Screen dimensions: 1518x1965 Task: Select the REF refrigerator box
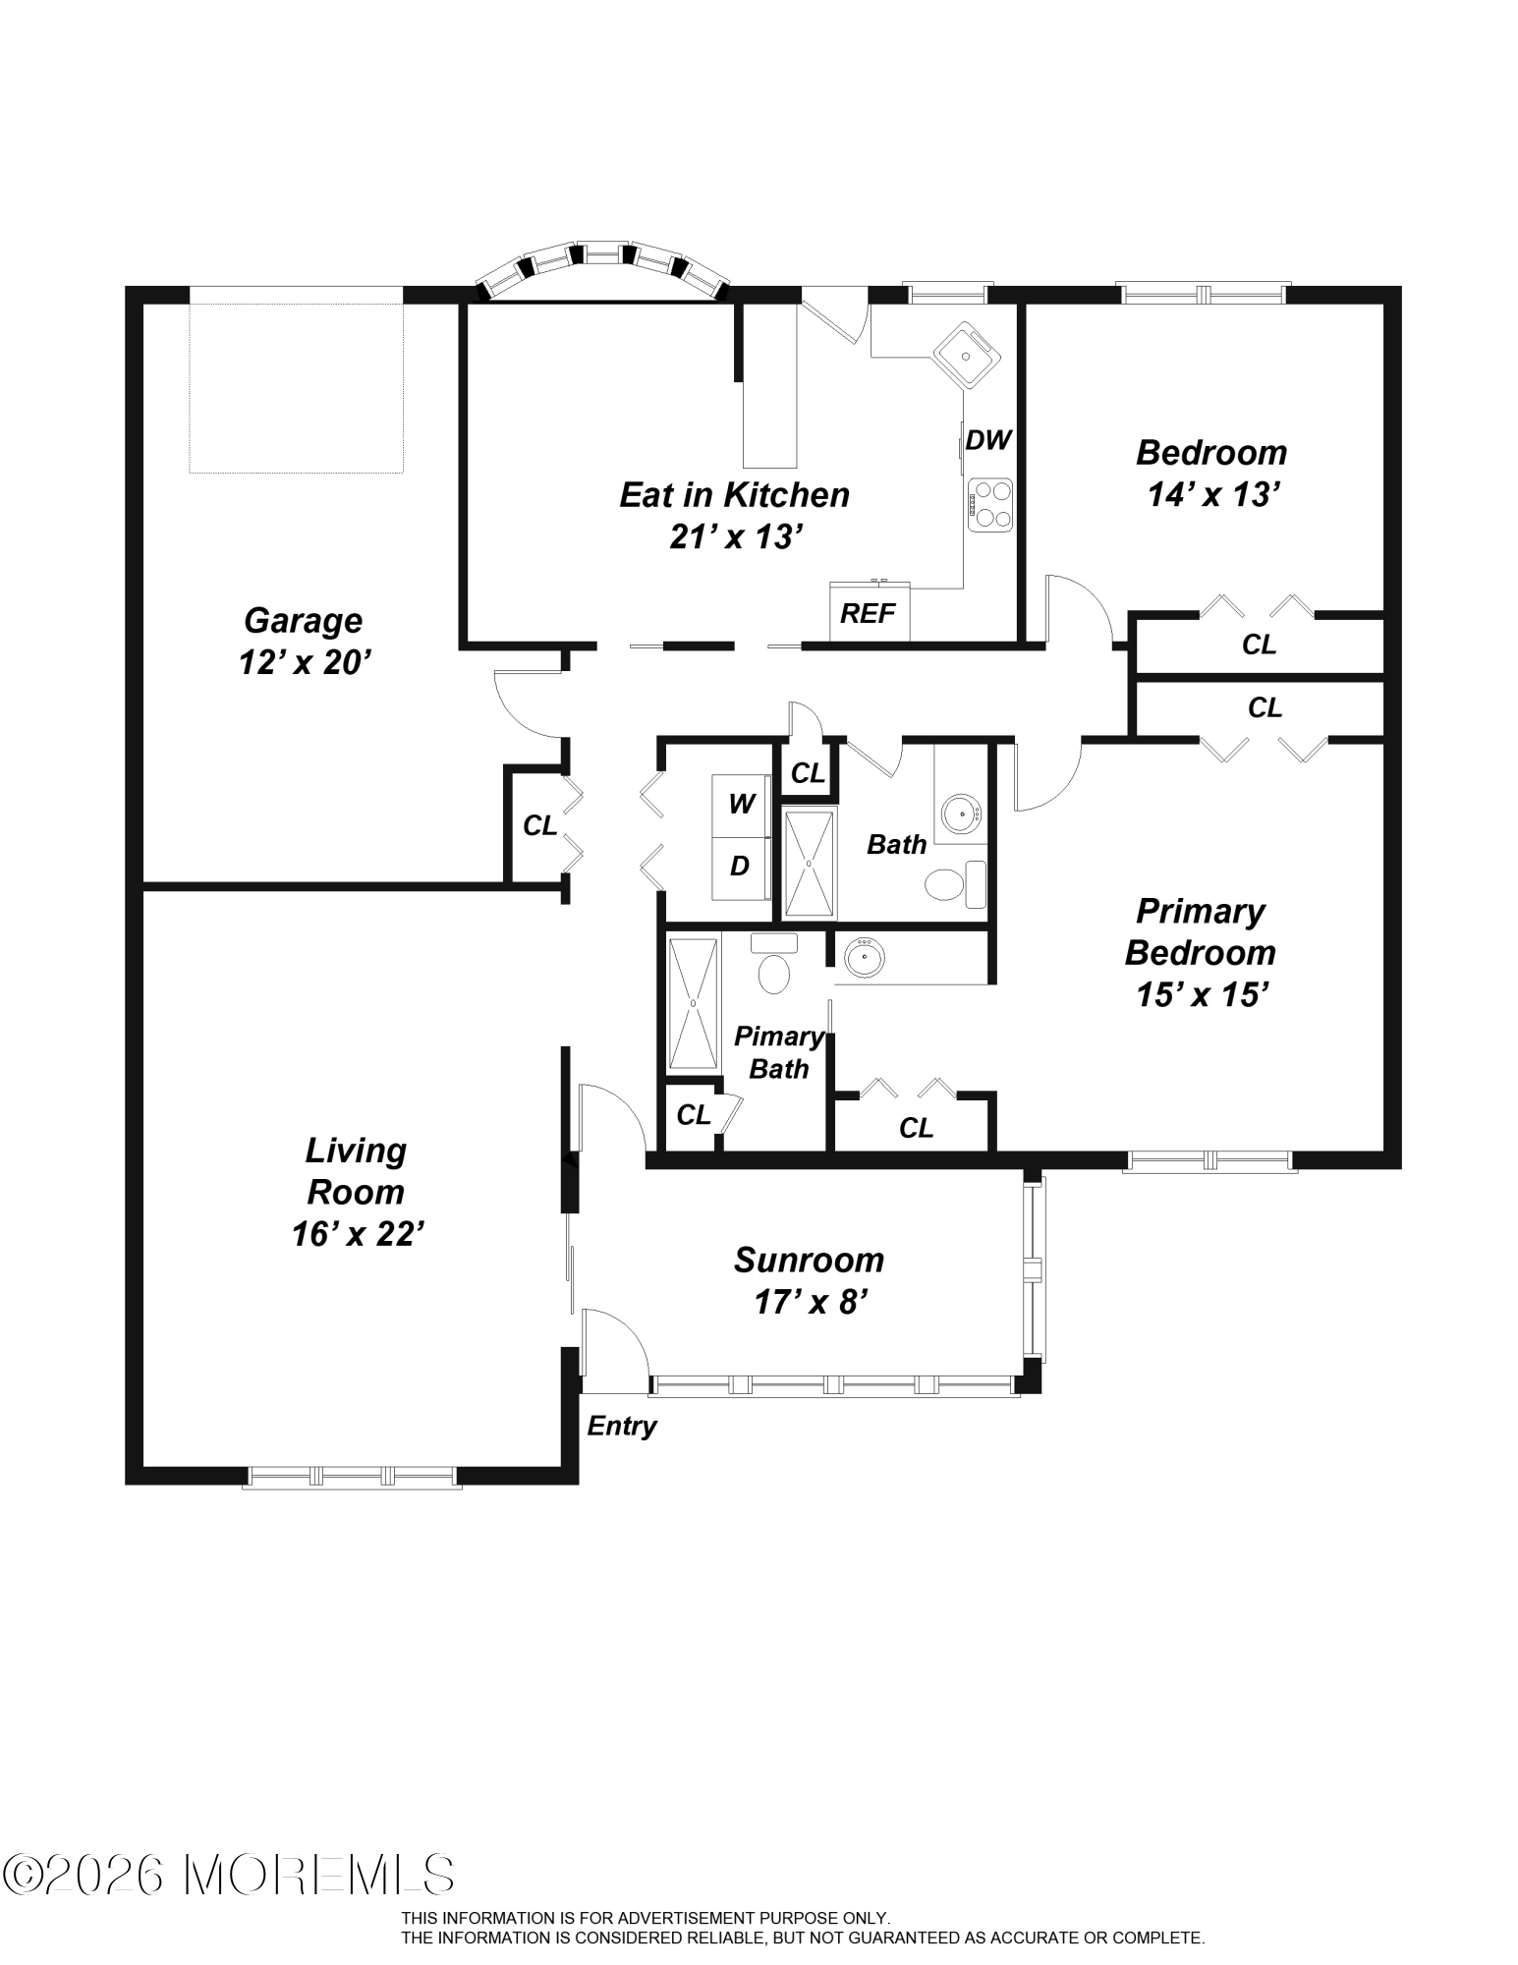pyautogui.click(x=870, y=611)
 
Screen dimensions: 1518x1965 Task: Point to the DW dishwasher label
pyautogui.click(x=988, y=440)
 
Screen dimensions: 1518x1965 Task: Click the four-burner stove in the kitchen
pyautogui.click(x=989, y=505)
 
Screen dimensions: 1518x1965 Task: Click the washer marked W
pyautogui.click(x=741, y=806)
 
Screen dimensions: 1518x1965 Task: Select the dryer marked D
pyautogui.click(x=741, y=867)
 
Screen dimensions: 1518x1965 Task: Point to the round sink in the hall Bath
pyautogui.click(x=960, y=814)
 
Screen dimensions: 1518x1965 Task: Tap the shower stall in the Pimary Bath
pyautogui.click(x=694, y=1003)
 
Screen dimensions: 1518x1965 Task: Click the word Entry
pyautogui.click(x=622, y=1427)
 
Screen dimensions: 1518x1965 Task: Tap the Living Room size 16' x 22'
pyautogui.click(x=357, y=1234)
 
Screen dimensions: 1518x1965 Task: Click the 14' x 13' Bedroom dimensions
pyautogui.click(x=1212, y=495)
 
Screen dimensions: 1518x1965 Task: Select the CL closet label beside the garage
pyautogui.click(x=539, y=826)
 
